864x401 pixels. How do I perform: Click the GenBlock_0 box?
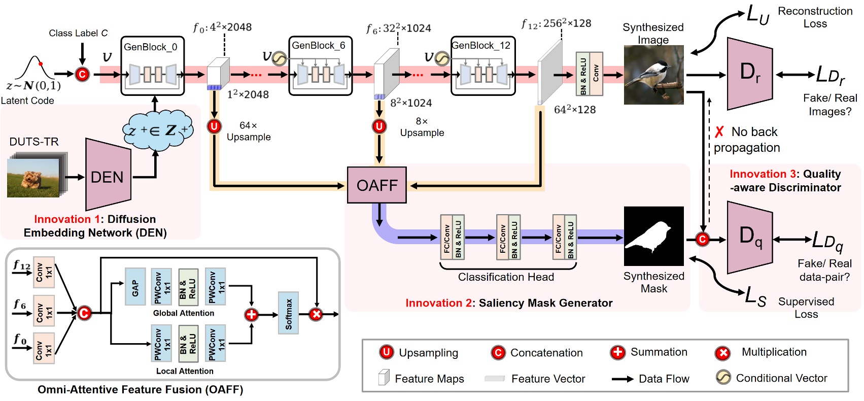(152, 66)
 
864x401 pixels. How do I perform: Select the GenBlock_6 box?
(320, 66)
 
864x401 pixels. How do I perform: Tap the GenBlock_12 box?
(483, 66)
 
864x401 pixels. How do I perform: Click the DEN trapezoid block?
(108, 175)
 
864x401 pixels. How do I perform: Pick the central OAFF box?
(376, 185)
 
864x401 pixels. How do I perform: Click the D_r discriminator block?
(750, 74)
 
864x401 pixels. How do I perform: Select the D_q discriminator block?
(750, 237)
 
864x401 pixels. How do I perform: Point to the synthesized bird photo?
(653, 75)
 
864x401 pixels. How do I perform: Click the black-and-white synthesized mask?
(653, 236)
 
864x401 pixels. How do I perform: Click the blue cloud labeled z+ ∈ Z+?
(158, 131)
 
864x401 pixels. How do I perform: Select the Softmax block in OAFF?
(288, 313)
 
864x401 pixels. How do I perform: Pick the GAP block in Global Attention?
(135, 287)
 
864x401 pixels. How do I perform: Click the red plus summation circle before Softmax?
(251, 315)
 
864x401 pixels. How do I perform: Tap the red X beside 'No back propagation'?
(719, 132)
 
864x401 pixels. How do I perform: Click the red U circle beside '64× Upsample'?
(214, 126)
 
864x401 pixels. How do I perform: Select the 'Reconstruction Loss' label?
(815, 17)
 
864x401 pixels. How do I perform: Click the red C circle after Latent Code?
(82, 75)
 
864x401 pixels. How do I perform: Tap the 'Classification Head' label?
(506, 277)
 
